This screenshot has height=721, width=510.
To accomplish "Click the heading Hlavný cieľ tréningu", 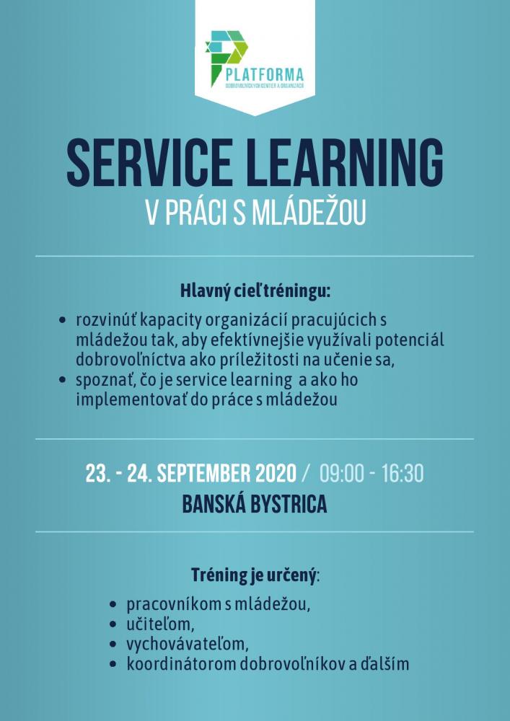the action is [255, 291].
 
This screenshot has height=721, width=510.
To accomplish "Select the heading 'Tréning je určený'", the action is [254, 575].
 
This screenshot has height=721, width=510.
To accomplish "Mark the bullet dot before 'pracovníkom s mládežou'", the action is [112, 605].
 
